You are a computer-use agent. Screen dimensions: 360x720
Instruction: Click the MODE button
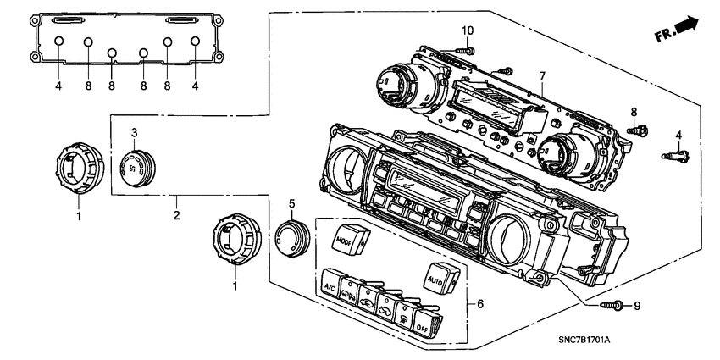point(348,240)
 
